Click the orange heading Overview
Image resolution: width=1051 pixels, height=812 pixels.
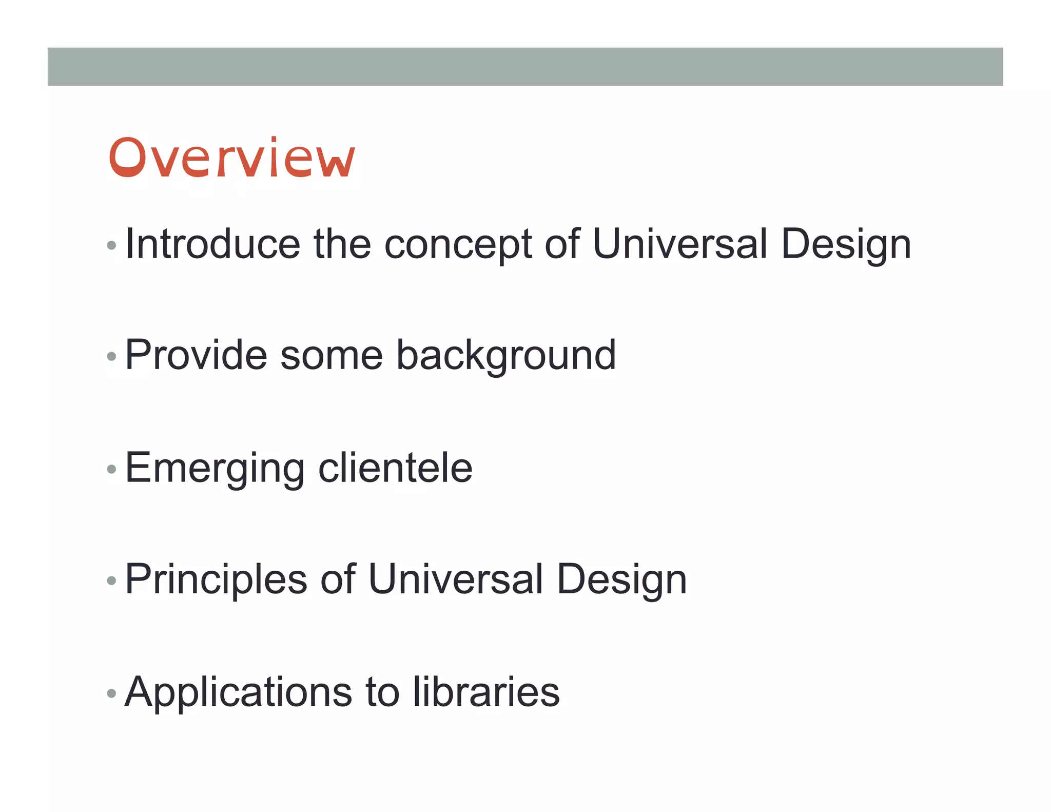pos(231,158)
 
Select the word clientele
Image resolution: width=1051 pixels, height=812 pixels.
pos(395,468)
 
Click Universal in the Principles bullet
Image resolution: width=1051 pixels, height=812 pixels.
pos(456,579)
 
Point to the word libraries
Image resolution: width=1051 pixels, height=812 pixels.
pos(486,691)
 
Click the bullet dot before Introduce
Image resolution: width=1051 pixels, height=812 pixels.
pos(111,245)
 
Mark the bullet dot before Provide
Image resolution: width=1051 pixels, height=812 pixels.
pos(111,356)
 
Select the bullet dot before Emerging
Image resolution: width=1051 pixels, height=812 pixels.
pos(111,469)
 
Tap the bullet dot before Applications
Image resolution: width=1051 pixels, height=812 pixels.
pos(111,693)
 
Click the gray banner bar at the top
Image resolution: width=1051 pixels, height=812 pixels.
pos(525,67)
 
